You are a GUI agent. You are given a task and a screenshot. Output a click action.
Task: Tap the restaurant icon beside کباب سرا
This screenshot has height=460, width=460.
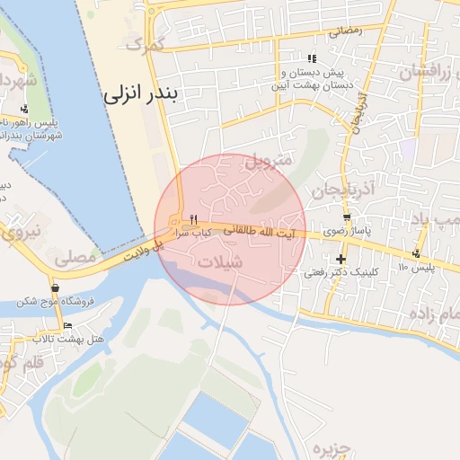[x=192, y=220]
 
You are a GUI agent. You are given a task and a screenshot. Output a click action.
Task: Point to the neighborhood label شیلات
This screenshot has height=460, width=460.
[x=219, y=263]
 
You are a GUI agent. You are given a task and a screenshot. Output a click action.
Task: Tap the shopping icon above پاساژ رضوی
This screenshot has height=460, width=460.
[x=347, y=218]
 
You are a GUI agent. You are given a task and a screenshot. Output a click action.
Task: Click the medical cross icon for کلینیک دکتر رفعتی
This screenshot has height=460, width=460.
[x=341, y=259]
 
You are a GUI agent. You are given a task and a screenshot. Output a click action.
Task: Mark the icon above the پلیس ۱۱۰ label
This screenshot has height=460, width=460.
[x=416, y=253]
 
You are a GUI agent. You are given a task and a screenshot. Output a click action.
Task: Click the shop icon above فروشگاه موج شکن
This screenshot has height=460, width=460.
[x=56, y=288]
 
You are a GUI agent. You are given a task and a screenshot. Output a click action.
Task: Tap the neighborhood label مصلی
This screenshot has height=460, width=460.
[x=75, y=258]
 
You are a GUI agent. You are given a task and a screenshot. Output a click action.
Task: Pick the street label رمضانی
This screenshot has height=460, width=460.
[x=345, y=31]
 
